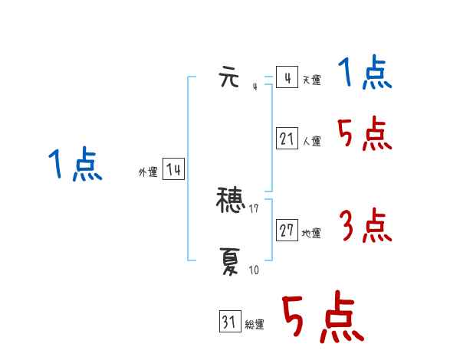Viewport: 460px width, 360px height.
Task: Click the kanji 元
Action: point(230,78)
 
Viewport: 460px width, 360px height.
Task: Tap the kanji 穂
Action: point(232,201)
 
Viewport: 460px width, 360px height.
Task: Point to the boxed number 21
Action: point(287,139)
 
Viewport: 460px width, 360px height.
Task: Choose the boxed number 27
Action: point(287,231)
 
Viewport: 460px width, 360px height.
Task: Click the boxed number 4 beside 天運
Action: point(287,78)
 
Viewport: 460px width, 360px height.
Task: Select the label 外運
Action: point(148,172)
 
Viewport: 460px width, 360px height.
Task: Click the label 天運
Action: point(311,80)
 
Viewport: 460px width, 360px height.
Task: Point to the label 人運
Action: point(311,142)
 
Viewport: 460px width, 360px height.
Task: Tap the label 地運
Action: point(311,234)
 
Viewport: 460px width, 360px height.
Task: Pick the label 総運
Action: point(255,326)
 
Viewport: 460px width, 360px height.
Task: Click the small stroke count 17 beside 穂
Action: point(254,208)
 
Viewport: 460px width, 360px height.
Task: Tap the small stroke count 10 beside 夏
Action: point(253,270)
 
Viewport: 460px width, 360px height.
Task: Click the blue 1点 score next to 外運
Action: point(75,165)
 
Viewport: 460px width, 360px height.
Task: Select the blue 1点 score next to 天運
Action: point(365,74)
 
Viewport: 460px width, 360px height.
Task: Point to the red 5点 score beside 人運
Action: point(365,135)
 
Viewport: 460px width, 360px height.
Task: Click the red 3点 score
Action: point(365,227)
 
